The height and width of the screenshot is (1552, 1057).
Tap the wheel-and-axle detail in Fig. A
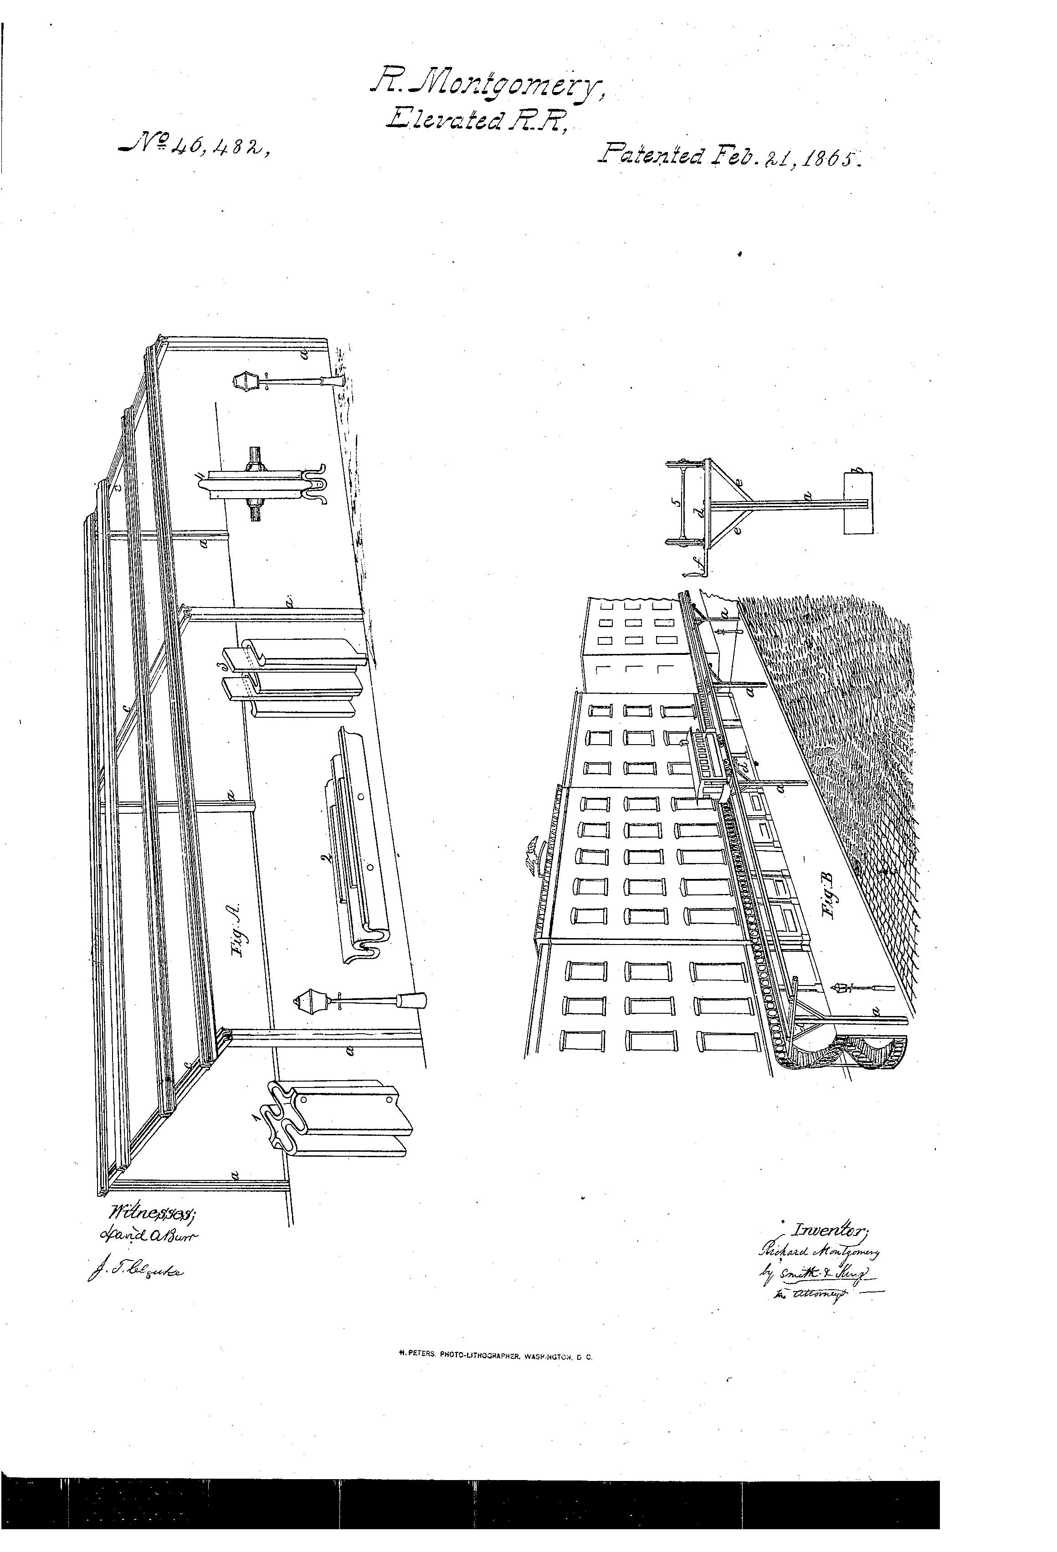(x=255, y=484)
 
